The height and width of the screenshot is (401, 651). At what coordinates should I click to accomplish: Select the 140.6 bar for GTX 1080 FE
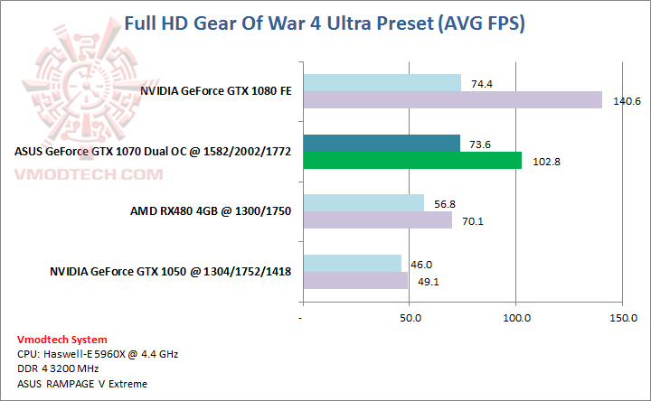tap(452, 99)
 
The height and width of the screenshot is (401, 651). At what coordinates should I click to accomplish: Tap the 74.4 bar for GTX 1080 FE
tap(382, 83)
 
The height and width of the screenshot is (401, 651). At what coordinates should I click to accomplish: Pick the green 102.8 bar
tap(412, 160)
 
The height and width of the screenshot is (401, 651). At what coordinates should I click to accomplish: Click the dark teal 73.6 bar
tap(382, 144)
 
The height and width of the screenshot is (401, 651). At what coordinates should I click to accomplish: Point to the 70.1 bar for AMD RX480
tap(377, 219)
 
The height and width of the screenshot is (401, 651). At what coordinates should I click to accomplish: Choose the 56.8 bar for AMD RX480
tap(363, 203)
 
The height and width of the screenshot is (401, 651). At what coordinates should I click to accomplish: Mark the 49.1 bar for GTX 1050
tap(355, 280)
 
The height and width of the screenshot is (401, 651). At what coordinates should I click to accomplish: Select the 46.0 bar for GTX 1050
tap(352, 264)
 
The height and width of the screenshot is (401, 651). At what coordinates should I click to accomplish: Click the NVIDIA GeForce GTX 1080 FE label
tap(215, 91)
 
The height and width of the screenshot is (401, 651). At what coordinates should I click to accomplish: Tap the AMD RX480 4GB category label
tap(211, 211)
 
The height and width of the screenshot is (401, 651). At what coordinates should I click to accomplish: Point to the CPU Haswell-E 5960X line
tap(98, 354)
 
